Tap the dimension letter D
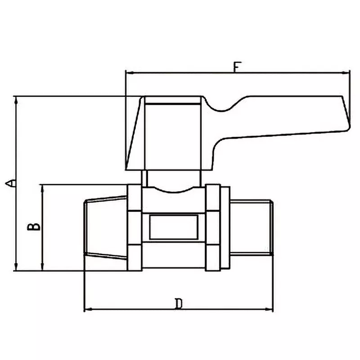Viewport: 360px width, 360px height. click(x=179, y=304)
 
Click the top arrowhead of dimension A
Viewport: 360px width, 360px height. click(x=17, y=99)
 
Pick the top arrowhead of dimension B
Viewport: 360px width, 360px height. click(x=43, y=187)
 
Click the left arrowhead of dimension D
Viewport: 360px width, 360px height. click(x=87, y=309)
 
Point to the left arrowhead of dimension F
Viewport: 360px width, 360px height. click(x=128, y=72)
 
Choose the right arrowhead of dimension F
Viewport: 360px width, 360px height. click(x=347, y=72)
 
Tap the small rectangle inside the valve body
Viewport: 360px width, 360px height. click(x=173, y=228)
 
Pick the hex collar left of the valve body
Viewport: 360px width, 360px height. click(x=135, y=228)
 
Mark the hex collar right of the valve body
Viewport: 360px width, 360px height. click(x=213, y=228)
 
